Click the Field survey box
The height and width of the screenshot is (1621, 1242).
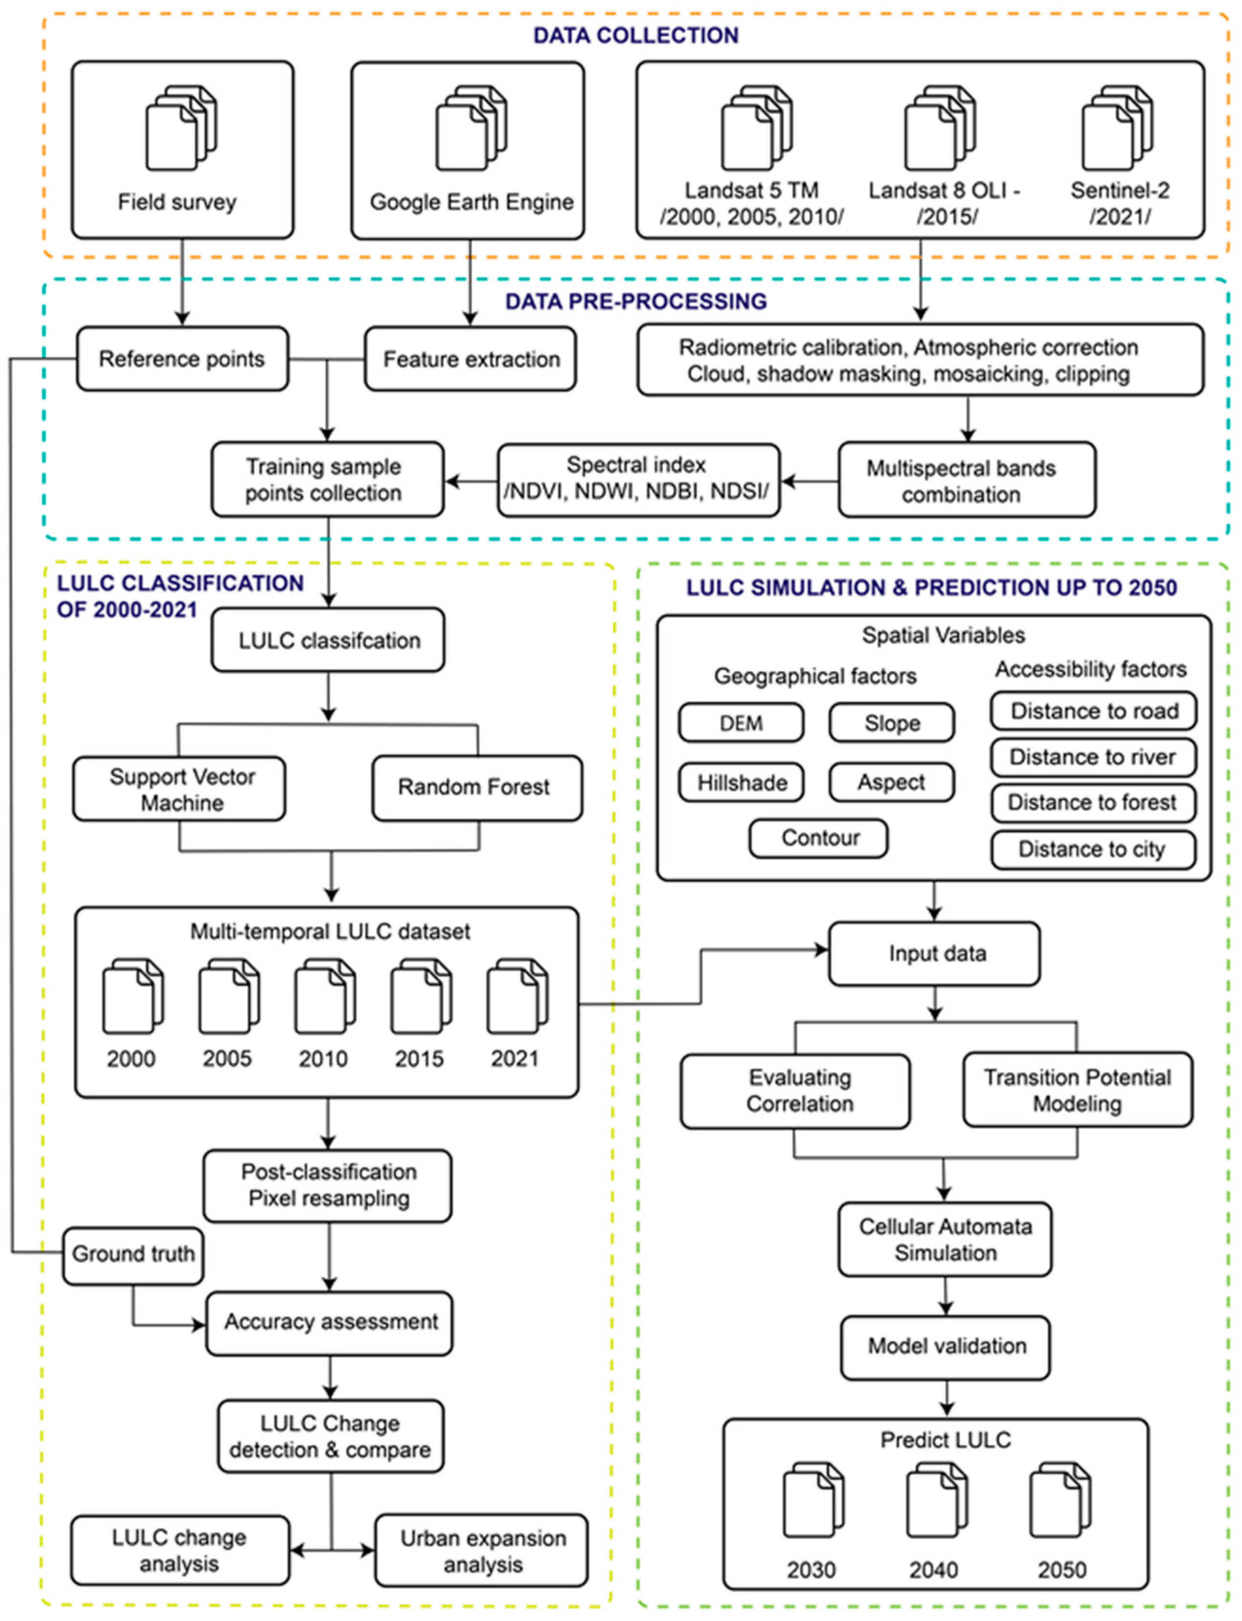(x=182, y=150)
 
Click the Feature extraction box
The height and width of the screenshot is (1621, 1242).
(x=470, y=359)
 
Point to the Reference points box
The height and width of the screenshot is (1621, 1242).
(x=182, y=359)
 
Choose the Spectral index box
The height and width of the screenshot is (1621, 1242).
(x=637, y=479)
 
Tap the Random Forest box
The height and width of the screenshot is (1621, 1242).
(x=477, y=788)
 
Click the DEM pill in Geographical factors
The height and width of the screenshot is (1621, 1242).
(x=741, y=723)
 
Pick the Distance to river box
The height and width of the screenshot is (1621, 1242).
(x=1092, y=757)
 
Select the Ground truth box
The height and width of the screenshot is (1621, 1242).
(x=133, y=1254)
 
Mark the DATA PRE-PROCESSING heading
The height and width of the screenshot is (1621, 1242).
(x=636, y=302)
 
